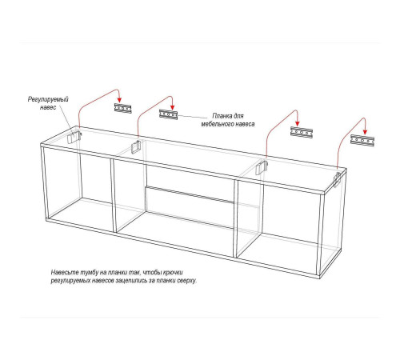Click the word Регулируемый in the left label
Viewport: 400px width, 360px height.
click(48, 99)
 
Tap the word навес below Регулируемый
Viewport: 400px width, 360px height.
click(48, 107)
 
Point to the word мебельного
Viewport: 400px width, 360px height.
click(217, 124)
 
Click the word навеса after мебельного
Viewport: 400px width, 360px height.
click(245, 124)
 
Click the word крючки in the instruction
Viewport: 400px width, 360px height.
click(173, 273)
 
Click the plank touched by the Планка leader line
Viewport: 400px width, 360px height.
click(169, 114)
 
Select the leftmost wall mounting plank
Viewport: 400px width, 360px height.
click(123, 108)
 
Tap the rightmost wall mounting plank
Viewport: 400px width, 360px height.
click(362, 140)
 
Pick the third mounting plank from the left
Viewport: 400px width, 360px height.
click(302, 132)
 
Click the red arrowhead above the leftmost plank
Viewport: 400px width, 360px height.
click(119, 100)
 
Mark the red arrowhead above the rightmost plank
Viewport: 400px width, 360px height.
click(365, 132)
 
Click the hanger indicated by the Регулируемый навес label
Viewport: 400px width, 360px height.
click(74, 137)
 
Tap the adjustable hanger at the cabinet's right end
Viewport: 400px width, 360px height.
click(338, 179)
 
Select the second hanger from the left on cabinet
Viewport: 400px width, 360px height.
click(136, 147)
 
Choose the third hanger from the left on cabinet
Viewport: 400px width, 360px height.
click(262, 168)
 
